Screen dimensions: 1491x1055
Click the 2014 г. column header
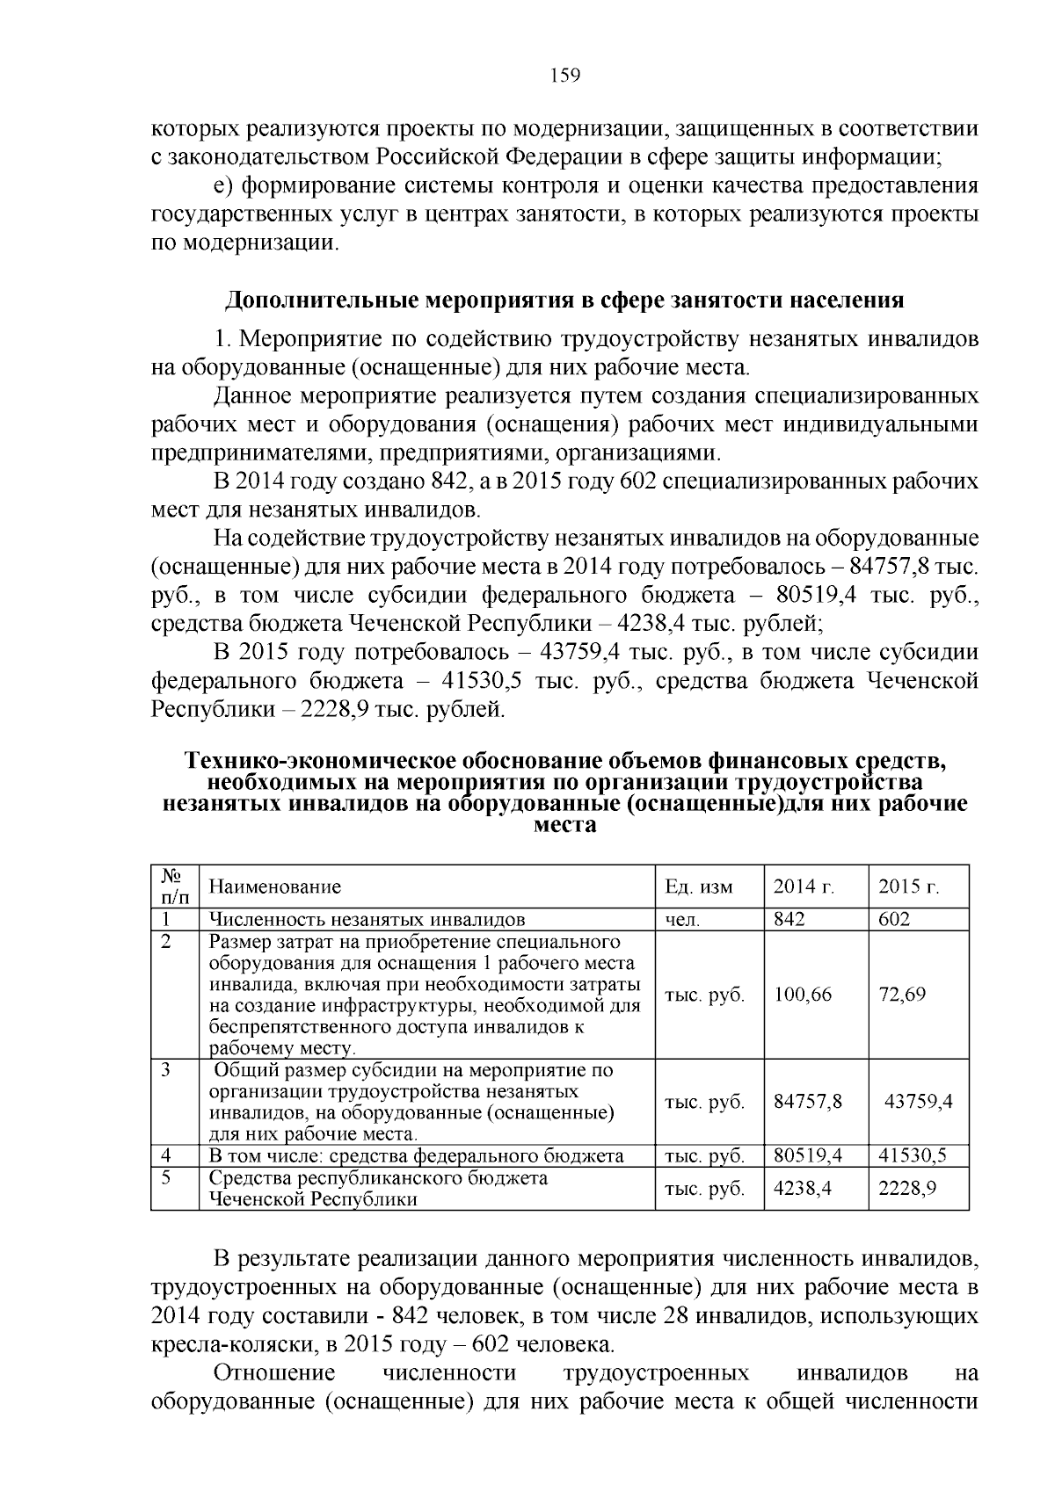click(x=803, y=887)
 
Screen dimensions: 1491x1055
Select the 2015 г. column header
click(x=908, y=887)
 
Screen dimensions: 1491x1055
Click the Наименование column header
click(x=274, y=887)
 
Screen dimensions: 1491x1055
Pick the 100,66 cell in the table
click(x=803, y=995)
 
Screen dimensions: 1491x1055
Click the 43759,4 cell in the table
click(x=918, y=1101)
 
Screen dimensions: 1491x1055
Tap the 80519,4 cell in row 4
click(x=808, y=1155)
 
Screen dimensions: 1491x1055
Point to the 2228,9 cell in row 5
click(x=907, y=1188)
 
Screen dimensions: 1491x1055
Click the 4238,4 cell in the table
click(x=803, y=1188)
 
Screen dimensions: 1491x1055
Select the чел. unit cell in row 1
click(x=683, y=920)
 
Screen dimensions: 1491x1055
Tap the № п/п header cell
click(x=174, y=887)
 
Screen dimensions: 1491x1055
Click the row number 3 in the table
click(x=165, y=1070)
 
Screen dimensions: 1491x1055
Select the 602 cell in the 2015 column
click(x=894, y=919)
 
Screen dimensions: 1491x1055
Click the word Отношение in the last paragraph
click(x=274, y=1373)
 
